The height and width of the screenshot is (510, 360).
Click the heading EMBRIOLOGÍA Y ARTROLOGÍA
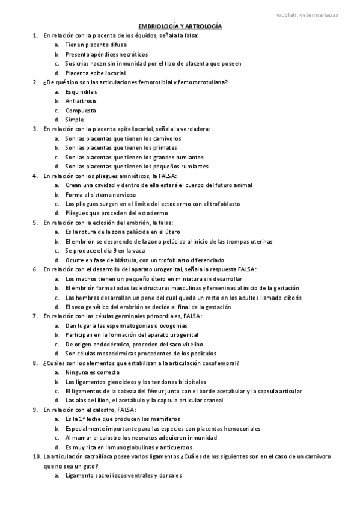(x=180, y=27)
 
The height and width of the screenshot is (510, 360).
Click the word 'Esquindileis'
(x=81, y=92)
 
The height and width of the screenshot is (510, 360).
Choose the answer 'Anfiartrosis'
(x=81, y=101)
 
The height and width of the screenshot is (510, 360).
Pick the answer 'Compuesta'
(x=79, y=111)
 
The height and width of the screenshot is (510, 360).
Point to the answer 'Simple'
(x=75, y=120)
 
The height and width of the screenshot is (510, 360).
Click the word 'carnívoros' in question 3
(x=164, y=138)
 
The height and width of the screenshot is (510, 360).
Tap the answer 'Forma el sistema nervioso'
(x=100, y=194)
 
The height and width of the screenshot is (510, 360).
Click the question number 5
(x=35, y=222)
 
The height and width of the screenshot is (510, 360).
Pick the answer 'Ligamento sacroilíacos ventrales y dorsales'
(x=123, y=476)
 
